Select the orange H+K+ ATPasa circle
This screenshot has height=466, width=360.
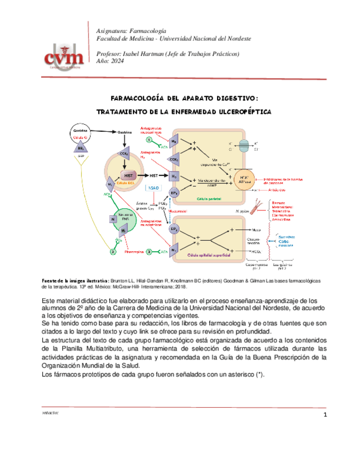[x=244, y=180]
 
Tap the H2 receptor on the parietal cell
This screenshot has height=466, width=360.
[x=174, y=176]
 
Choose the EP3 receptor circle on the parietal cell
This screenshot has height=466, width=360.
[x=174, y=193]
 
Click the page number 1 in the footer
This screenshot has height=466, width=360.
[x=325, y=414]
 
